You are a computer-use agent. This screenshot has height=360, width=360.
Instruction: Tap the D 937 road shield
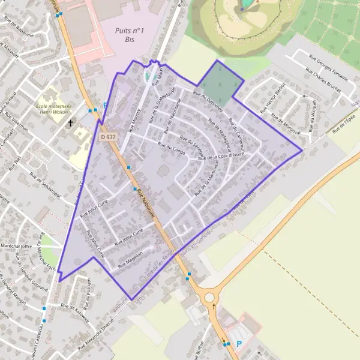pos(108,137)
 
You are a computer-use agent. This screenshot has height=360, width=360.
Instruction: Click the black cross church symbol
pos(70,123)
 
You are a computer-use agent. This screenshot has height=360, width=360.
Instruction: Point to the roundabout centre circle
pos(209,297)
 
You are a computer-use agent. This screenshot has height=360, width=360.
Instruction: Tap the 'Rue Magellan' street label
pos(130,259)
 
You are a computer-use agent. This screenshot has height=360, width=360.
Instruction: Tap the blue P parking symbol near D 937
pos(106,106)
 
